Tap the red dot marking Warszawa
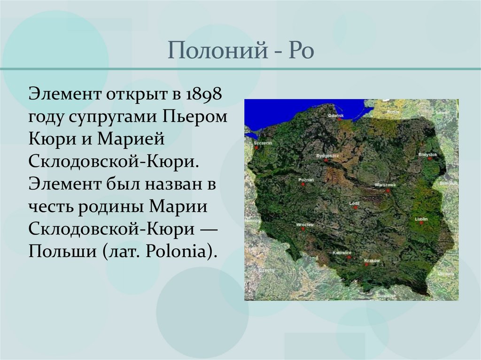388,191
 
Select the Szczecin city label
262,142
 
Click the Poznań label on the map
306,179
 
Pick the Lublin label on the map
421,219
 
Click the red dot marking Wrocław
303,230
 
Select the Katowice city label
342,253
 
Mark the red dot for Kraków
365,265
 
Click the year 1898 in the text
204,93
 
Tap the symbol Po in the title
301,50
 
